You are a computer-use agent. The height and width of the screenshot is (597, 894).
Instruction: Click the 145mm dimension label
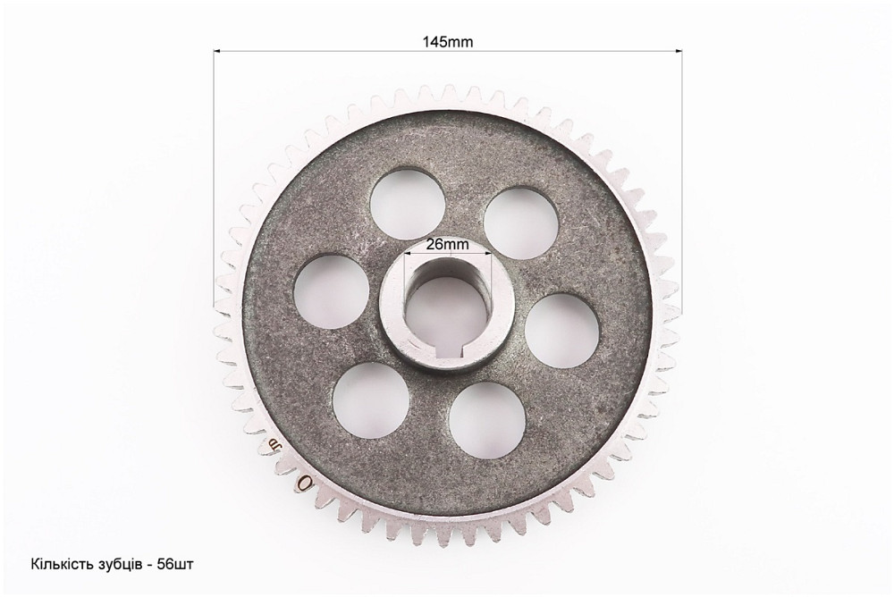pyautogui.click(x=448, y=42)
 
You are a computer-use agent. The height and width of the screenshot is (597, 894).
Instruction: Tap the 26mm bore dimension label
pyautogui.click(x=448, y=245)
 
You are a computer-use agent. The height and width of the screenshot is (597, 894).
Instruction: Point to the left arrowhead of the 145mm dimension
pyautogui.click(x=217, y=51)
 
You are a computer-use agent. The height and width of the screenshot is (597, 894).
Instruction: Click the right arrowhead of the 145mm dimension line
pyautogui.click(x=679, y=51)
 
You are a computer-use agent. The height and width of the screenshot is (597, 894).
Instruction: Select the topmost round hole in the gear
pyautogui.click(x=407, y=204)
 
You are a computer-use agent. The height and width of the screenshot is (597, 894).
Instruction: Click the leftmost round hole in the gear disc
pyautogui.click(x=332, y=291)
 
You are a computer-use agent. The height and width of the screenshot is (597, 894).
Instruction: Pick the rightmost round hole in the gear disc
pyautogui.click(x=561, y=331)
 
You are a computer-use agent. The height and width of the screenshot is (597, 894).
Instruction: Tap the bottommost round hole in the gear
pyautogui.click(x=486, y=419)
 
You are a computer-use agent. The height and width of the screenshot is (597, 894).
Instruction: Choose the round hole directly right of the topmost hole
pyautogui.click(x=521, y=223)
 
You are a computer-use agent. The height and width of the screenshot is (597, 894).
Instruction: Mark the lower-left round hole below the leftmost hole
pyautogui.click(x=371, y=399)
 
